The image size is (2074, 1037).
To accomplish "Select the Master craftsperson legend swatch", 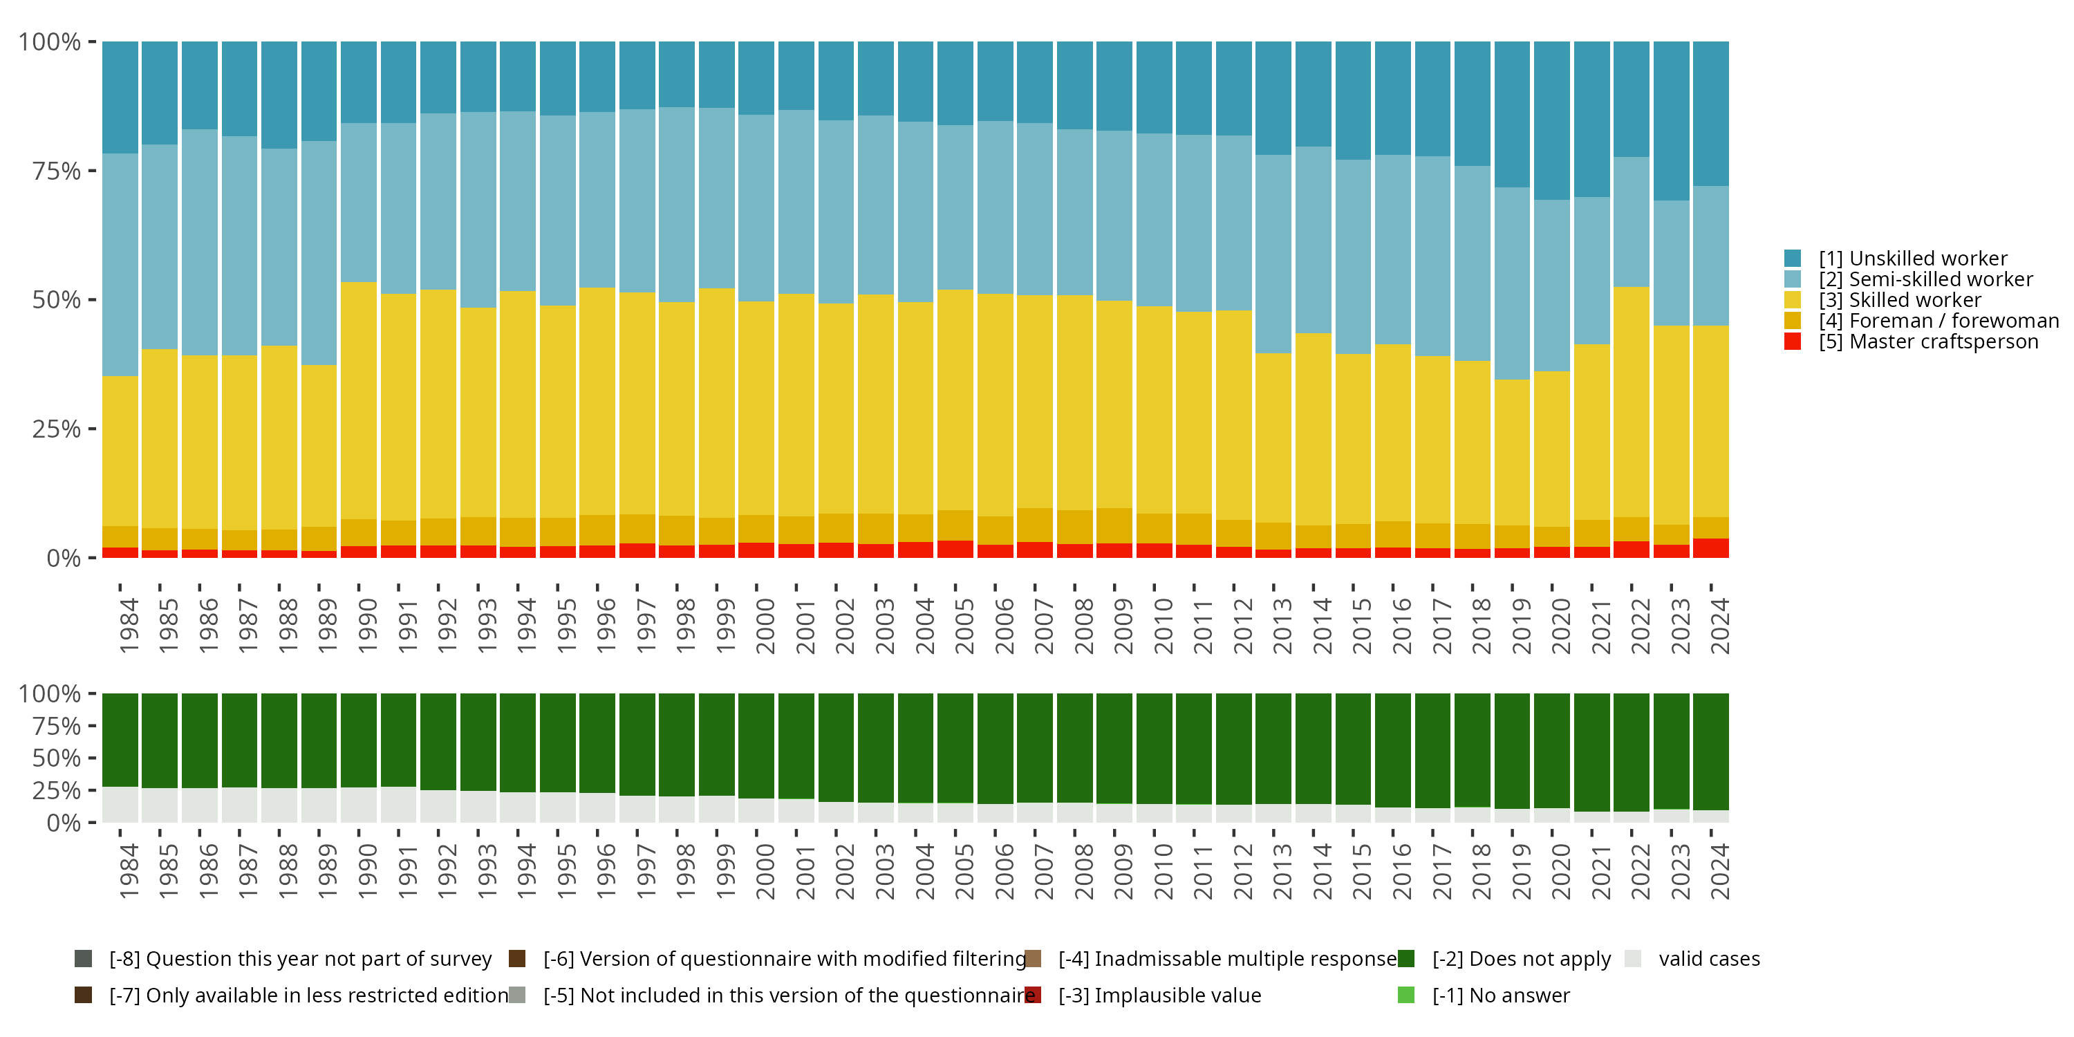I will (1792, 342).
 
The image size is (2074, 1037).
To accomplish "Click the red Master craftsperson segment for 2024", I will (1710, 548).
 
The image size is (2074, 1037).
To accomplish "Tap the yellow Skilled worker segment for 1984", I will (120, 451).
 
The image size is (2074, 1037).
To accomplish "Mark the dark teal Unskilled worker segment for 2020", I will (1551, 121).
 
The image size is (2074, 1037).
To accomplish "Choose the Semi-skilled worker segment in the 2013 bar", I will (1273, 254).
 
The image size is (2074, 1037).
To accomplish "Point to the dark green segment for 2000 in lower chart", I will (756, 745).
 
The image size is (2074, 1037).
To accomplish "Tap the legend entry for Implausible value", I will (1159, 996).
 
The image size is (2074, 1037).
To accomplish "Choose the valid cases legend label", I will (1708, 959).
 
